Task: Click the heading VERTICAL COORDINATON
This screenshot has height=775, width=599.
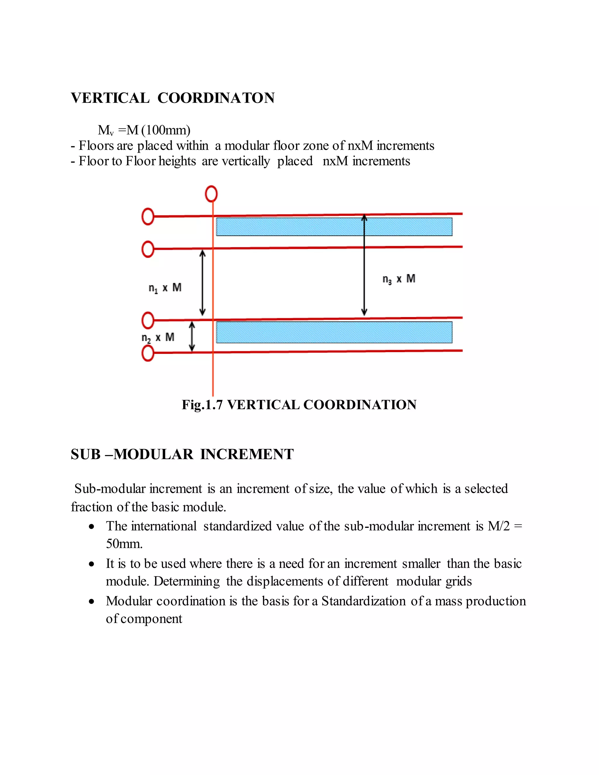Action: click(173, 98)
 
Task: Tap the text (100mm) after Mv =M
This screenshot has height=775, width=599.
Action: click(166, 130)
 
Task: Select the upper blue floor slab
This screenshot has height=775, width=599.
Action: click(334, 227)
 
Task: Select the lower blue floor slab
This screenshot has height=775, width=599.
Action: click(334, 332)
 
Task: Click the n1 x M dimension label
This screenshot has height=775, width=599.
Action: click(165, 288)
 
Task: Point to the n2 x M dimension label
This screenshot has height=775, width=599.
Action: click(158, 337)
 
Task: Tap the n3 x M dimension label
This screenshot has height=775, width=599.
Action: click(399, 279)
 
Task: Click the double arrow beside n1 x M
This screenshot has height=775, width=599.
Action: click(203, 283)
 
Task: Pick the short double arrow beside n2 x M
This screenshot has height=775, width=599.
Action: click(192, 336)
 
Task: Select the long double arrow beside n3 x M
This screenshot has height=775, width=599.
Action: click(364, 265)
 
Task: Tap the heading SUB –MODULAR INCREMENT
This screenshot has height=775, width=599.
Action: click(182, 454)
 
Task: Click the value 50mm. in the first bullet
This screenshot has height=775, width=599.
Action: click(124, 544)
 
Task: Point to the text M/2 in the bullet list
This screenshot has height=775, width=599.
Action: click(499, 526)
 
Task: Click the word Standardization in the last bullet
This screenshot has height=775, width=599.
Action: click(363, 601)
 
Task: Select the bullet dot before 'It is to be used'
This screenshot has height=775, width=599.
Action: click(92, 564)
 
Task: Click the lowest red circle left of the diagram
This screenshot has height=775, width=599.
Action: click(148, 354)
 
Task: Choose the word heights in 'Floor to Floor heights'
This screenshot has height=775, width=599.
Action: click(177, 161)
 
